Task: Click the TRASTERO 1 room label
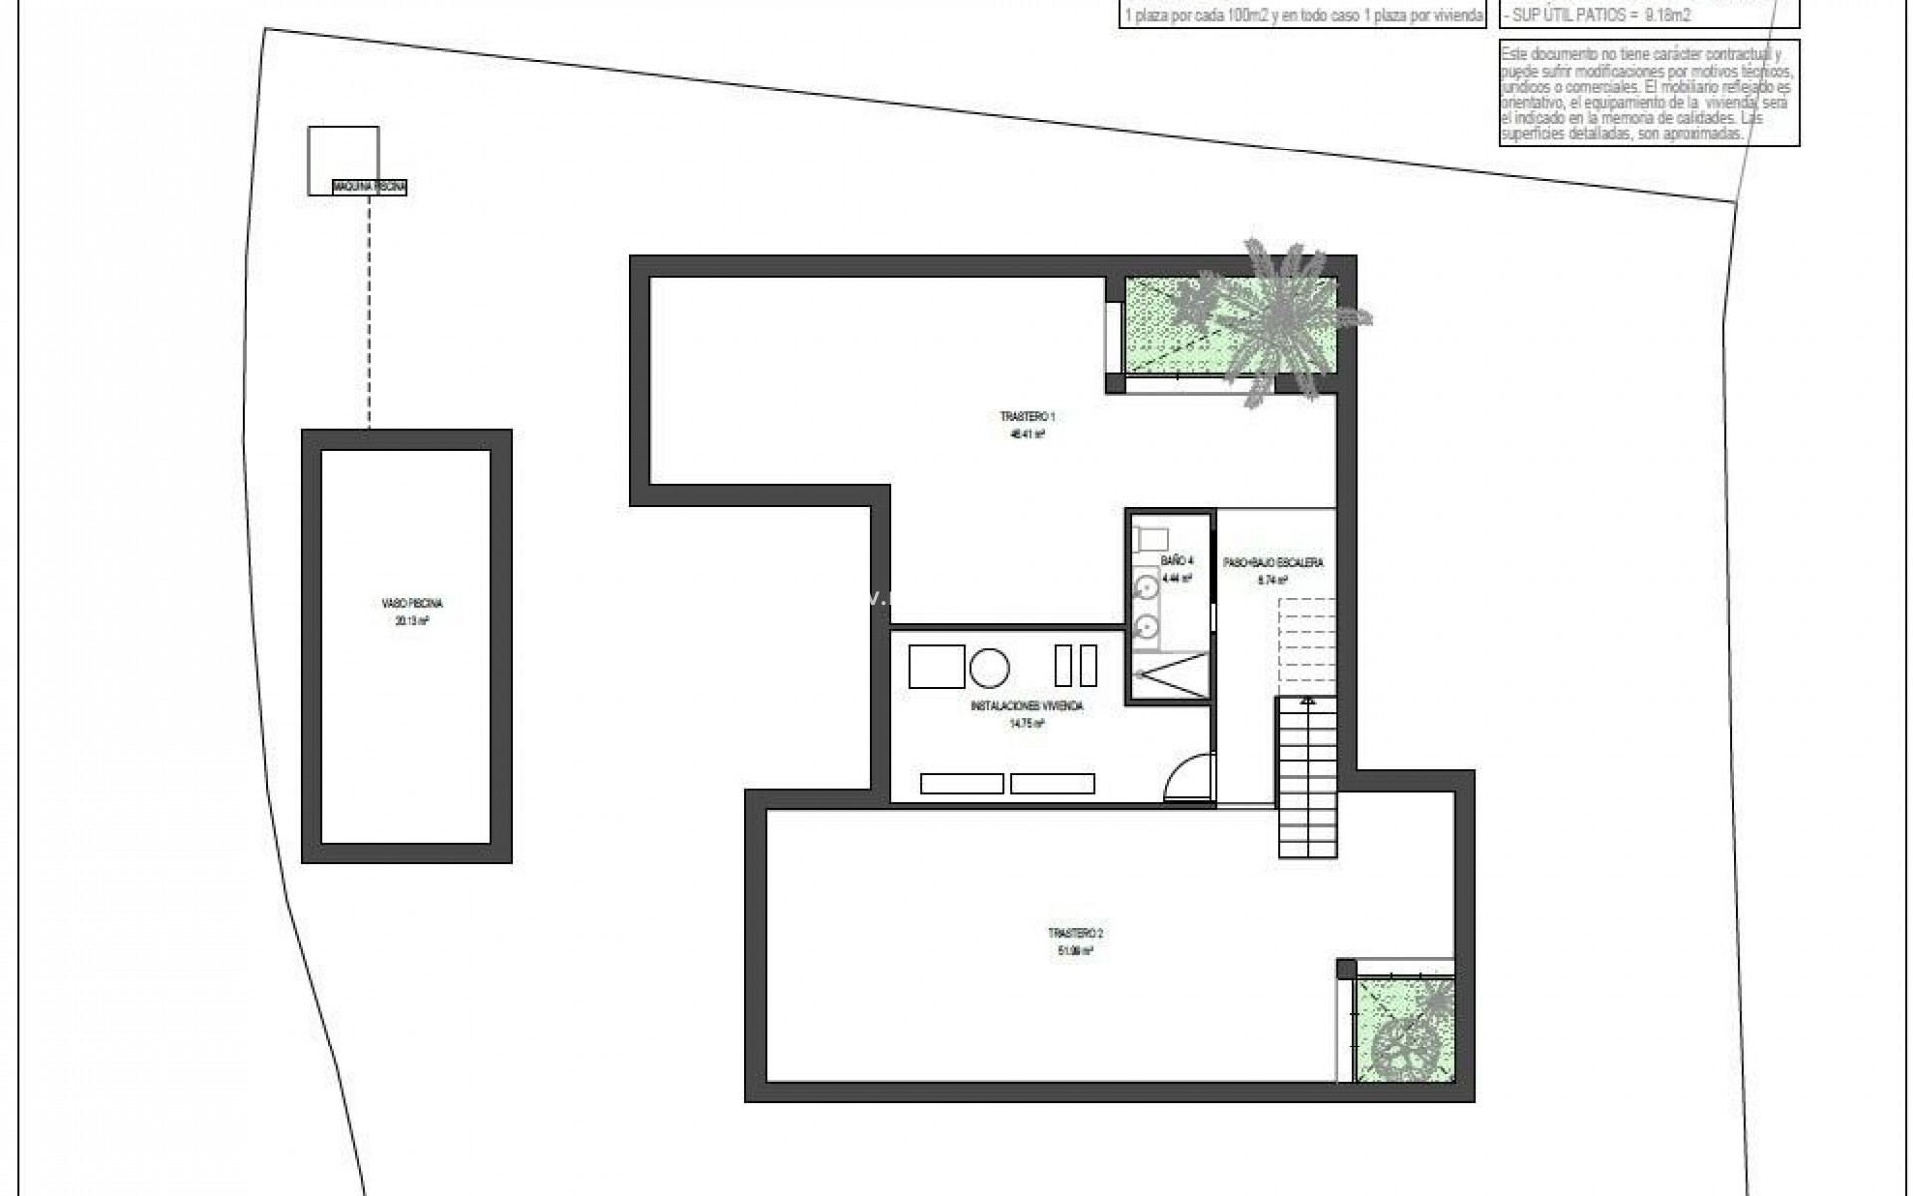pyautogui.click(x=1027, y=417)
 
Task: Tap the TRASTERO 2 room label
pyautogui.click(x=1075, y=933)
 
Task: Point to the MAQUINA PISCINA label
pyautogui.click(x=370, y=187)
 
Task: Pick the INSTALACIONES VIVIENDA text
pyautogui.click(x=1026, y=706)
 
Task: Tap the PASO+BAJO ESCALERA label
pyautogui.click(x=1273, y=563)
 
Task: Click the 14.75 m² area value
pyautogui.click(x=1026, y=725)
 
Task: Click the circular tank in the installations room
pyautogui.click(x=989, y=666)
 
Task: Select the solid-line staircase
pyautogui.click(x=1307, y=777)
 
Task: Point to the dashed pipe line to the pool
pyautogui.click(x=369, y=309)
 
